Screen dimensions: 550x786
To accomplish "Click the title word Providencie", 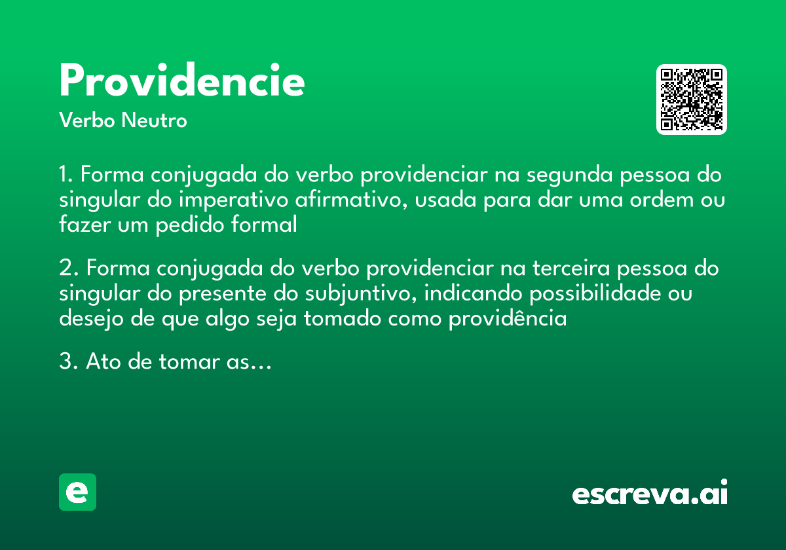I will point(182,82).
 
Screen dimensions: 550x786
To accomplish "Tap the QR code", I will point(692,100).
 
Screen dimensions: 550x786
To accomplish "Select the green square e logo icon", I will point(77,492).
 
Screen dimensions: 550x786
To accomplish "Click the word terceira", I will point(571,269).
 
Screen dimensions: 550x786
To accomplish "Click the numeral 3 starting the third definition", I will point(64,361).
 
